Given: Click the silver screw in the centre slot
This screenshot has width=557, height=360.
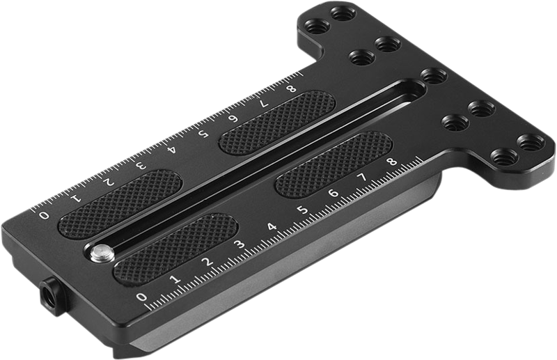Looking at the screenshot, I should (x=102, y=252).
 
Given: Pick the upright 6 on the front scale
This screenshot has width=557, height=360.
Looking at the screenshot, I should (x=333, y=194).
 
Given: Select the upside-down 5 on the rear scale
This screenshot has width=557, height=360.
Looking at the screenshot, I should (x=204, y=134).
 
